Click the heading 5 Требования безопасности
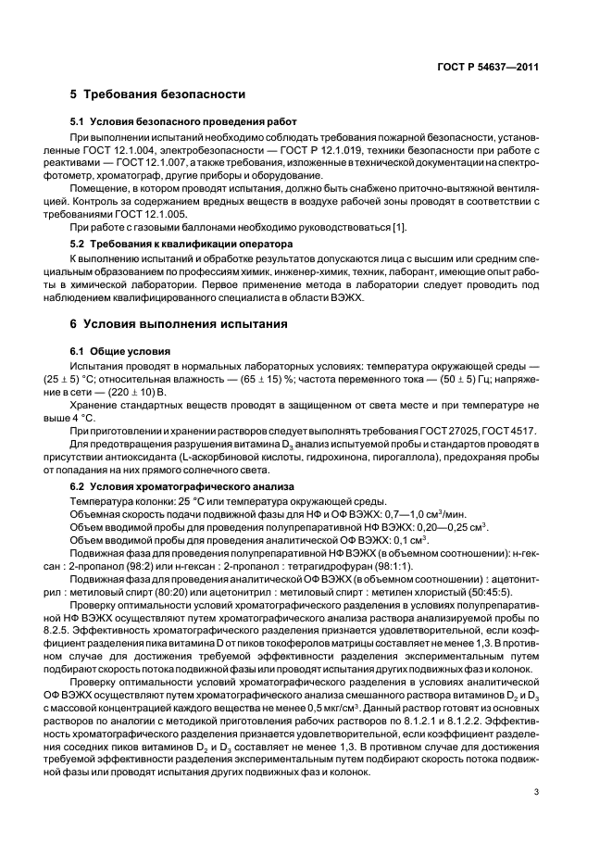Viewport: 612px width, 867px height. coord(157,94)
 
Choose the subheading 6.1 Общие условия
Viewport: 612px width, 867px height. coord(120,353)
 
